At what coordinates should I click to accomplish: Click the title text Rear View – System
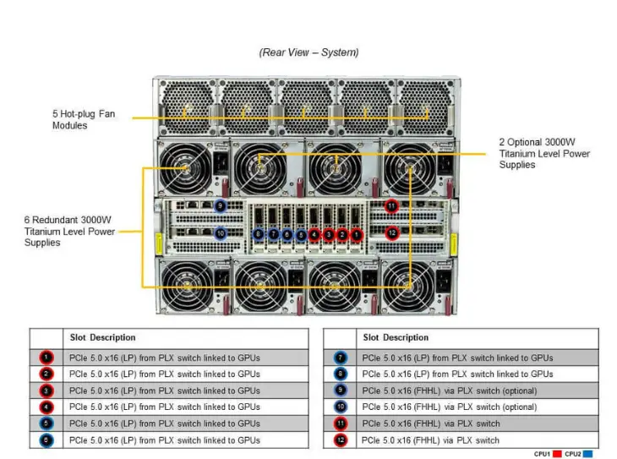pos(308,52)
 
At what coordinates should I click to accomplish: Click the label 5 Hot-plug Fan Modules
pos(82,119)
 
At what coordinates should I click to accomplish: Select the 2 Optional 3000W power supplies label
pos(544,154)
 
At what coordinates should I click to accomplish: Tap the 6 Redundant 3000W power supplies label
pos(69,231)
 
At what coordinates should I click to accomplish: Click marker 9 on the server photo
pos(221,205)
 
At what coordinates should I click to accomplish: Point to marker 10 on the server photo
pos(221,233)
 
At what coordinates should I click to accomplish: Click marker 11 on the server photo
pos(391,205)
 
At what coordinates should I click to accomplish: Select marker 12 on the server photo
pos(391,232)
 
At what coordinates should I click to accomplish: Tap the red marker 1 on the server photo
pos(356,234)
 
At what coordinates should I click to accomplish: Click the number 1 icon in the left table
pos(46,358)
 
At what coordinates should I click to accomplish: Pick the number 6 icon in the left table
pos(46,440)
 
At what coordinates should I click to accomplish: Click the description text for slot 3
pos(164,391)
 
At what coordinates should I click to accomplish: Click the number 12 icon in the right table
pos(340,440)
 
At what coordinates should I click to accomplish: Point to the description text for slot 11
pos(430,423)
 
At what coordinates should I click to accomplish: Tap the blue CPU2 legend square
pos(588,454)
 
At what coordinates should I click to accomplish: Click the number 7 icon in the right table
pos(340,358)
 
